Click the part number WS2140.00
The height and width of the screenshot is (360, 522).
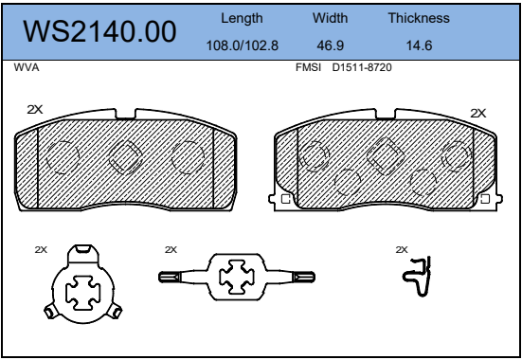[x=99, y=31]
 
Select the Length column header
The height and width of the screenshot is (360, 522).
[x=242, y=18]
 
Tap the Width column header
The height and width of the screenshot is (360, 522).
[x=330, y=18]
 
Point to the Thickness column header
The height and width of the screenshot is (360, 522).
[x=419, y=18]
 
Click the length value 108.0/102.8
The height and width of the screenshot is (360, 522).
[x=243, y=45]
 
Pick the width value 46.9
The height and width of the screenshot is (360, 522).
[x=331, y=45]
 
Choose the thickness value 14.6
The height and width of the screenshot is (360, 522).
[x=419, y=45]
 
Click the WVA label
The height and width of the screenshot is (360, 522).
[x=27, y=67]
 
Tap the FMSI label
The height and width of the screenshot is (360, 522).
[x=308, y=67]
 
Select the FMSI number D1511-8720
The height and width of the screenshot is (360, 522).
[x=362, y=67]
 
